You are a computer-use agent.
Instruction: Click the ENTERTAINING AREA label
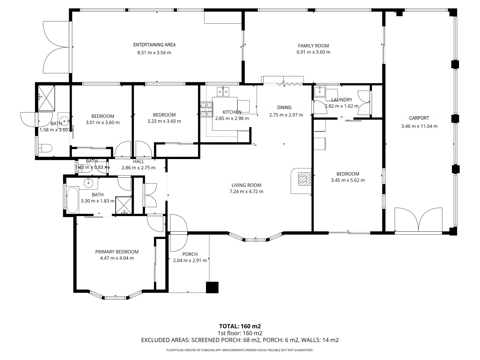click(x=154, y=45)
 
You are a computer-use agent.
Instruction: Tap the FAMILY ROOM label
click(x=313, y=46)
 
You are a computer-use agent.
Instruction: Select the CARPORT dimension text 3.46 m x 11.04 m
click(x=419, y=126)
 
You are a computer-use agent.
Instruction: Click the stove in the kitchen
click(x=206, y=110)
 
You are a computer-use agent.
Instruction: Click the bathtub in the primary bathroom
click(x=72, y=200)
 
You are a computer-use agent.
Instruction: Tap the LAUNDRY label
click(x=342, y=100)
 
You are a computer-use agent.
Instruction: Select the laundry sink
click(x=320, y=90)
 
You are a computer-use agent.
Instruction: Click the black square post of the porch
click(x=212, y=287)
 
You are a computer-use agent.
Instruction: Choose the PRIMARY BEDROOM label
click(x=117, y=252)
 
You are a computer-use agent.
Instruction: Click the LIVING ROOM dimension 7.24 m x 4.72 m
click(x=246, y=191)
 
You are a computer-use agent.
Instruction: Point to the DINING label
click(x=284, y=107)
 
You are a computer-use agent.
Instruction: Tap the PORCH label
click(x=190, y=254)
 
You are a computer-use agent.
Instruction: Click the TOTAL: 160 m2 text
click(x=240, y=326)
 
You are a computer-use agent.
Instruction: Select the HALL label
click(x=138, y=161)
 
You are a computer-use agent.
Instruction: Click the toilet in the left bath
click(x=45, y=147)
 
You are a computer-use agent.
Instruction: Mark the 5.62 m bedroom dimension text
click(x=348, y=180)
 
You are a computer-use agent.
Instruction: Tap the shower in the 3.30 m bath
click(x=124, y=205)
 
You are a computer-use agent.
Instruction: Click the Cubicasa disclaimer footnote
click(x=240, y=350)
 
